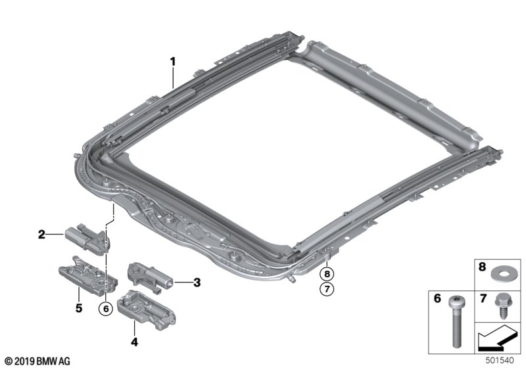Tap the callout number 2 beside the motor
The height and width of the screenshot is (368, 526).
pyautogui.click(x=41, y=234)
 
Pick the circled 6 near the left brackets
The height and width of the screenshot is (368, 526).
pyautogui.click(x=103, y=308)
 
